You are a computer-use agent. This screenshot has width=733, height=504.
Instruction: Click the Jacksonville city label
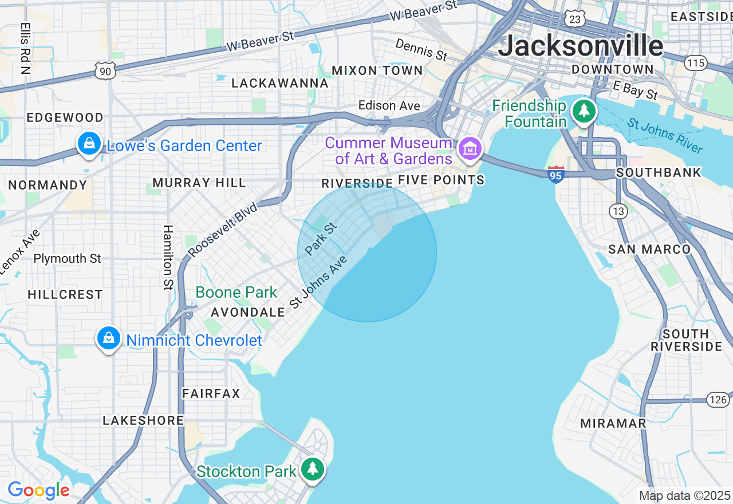[x=580, y=46]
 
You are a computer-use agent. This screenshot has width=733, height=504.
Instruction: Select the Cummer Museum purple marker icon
[x=470, y=149]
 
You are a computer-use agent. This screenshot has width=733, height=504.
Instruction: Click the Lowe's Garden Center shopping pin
[x=89, y=144]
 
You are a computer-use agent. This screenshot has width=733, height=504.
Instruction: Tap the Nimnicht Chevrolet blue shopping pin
[x=108, y=338]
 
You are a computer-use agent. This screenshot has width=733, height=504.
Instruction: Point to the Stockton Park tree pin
[x=312, y=469]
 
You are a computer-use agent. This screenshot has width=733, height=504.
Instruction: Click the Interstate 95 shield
[x=555, y=175]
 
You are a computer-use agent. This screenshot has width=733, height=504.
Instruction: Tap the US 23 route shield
[x=574, y=19]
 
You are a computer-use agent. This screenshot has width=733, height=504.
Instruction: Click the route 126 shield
[x=718, y=399]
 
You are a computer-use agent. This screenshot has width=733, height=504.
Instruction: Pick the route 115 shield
[x=696, y=62]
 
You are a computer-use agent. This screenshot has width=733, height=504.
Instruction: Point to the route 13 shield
[x=618, y=211]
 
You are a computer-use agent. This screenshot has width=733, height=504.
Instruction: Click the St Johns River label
[x=664, y=136]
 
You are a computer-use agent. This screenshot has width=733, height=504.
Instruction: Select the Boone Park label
[x=236, y=293]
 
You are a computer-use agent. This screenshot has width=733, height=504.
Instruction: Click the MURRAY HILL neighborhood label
[x=199, y=183]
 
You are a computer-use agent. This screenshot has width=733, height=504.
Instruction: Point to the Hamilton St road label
[x=168, y=257]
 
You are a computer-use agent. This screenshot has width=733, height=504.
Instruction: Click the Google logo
[x=38, y=491]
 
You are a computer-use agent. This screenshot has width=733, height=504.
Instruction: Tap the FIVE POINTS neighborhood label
[x=441, y=180]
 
